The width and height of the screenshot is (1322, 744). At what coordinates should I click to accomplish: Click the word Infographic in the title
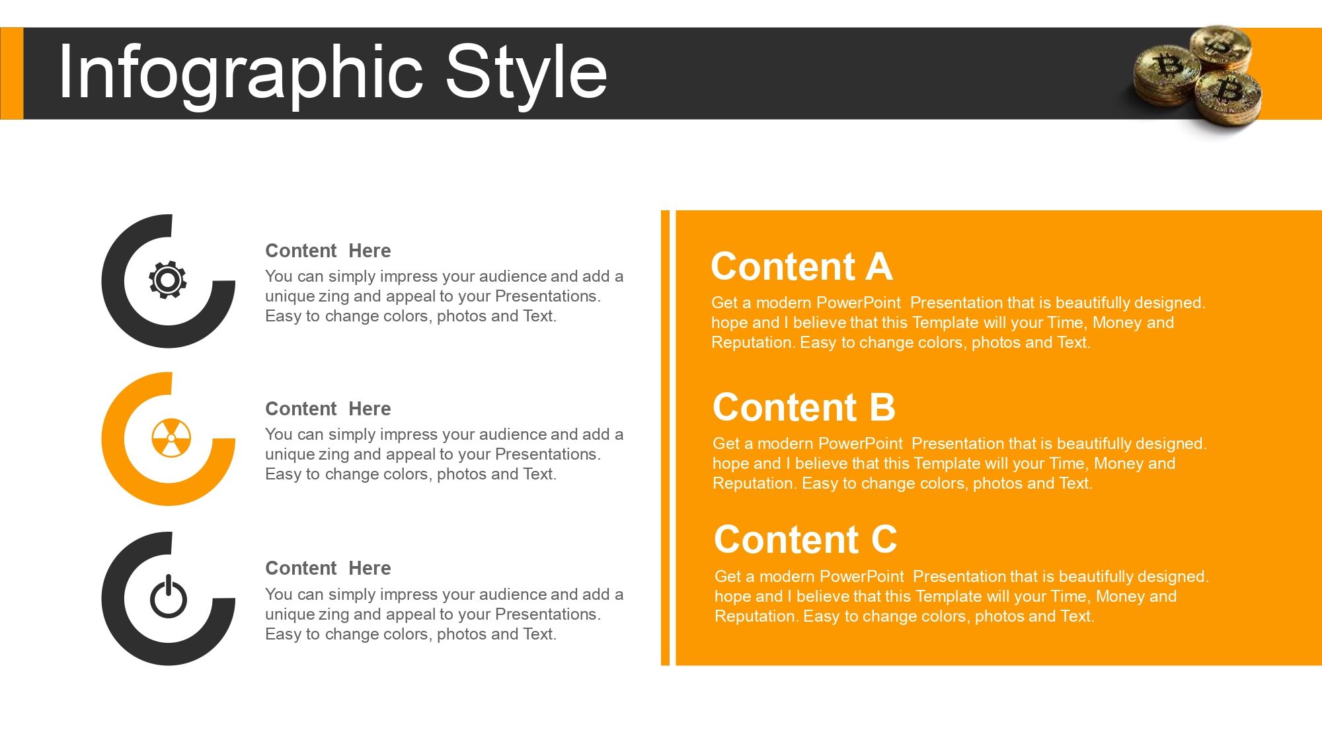coord(241,73)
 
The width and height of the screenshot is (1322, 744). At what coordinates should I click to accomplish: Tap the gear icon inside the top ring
coord(168,280)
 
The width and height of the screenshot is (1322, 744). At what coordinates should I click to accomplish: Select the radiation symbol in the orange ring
coord(171,438)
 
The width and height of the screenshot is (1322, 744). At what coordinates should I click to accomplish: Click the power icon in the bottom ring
coord(169,597)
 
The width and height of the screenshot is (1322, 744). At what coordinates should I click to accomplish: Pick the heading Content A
coord(801,267)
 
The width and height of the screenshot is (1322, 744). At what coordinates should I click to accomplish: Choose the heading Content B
coord(804,407)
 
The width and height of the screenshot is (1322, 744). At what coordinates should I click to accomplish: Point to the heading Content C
coord(805,540)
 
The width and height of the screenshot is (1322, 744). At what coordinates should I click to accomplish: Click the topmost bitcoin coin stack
coord(1220,46)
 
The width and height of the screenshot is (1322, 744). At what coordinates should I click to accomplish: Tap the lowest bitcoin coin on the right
coord(1229,96)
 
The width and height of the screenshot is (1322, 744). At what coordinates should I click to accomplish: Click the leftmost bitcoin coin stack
coord(1166,73)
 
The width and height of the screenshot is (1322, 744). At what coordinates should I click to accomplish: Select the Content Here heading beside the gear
coord(328,251)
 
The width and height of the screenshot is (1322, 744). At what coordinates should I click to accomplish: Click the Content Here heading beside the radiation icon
coord(328,409)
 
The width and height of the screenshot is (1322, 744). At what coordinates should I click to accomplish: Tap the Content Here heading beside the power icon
coord(328,568)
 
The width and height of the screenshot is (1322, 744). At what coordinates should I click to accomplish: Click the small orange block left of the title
coord(11,73)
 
